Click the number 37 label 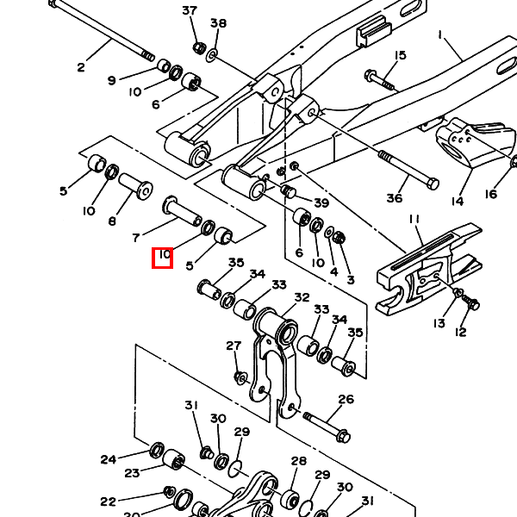coord(190,11)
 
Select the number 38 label coord(218,23)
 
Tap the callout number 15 coord(399,56)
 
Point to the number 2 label coord(82,68)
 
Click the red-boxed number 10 coord(163,257)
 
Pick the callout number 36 coord(394,198)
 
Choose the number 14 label coord(457,202)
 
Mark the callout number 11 coord(414,220)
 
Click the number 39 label coord(321,203)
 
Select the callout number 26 coord(346,400)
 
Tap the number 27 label coord(234,346)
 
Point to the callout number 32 coord(302,298)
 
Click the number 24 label coord(108,459)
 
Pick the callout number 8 coord(113,221)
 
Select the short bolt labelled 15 coord(379,79)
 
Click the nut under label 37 coord(197,47)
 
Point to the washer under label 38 coord(212,55)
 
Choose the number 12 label coord(460,333)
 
